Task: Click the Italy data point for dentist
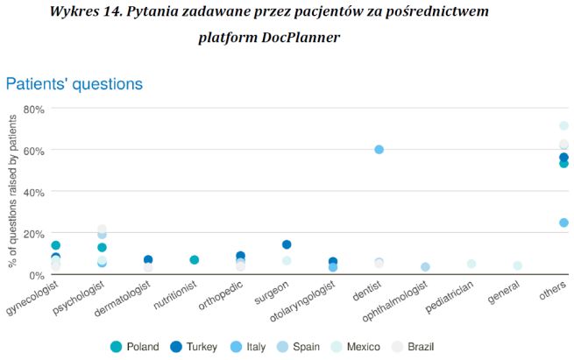379,150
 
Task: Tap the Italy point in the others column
563,222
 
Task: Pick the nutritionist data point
195,260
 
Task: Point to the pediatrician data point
471,264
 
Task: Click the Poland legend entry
134,347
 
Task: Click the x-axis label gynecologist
32,298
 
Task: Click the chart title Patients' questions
74,84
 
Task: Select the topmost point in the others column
563,126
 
